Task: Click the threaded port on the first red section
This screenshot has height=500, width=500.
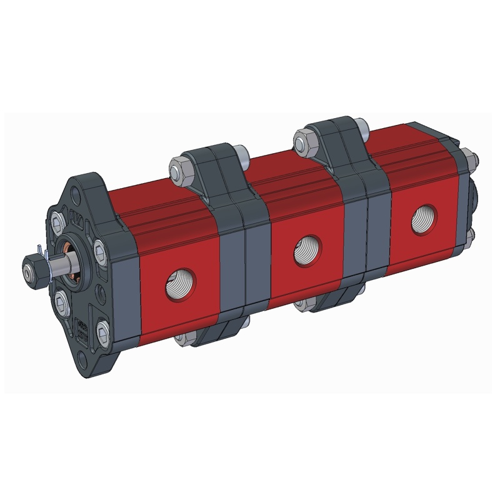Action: tap(179, 286)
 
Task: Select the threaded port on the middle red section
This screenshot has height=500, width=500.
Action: tap(307, 250)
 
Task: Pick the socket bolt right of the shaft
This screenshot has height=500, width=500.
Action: tap(100, 251)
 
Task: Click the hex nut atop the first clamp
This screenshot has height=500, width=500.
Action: tap(179, 168)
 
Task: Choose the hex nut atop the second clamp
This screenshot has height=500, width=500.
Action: tap(304, 139)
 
